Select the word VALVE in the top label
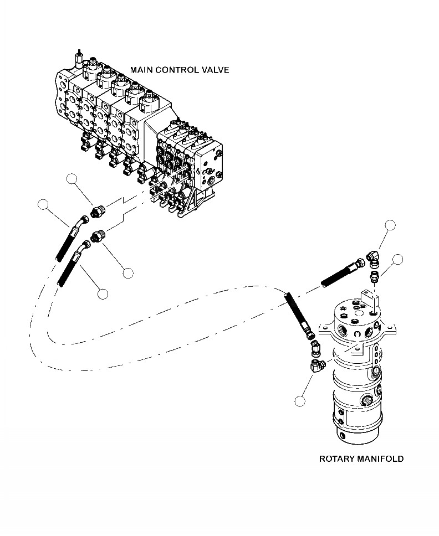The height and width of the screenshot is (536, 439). tap(215, 70)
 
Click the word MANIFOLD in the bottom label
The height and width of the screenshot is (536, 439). tap(383, 459)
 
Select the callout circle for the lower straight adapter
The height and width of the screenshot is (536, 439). tap(128, 272)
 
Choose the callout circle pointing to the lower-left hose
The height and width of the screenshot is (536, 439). tap(102, 294)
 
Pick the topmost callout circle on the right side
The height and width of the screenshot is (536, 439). tap(391, 225)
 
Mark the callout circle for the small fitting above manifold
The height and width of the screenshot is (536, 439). tap(397, 259)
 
